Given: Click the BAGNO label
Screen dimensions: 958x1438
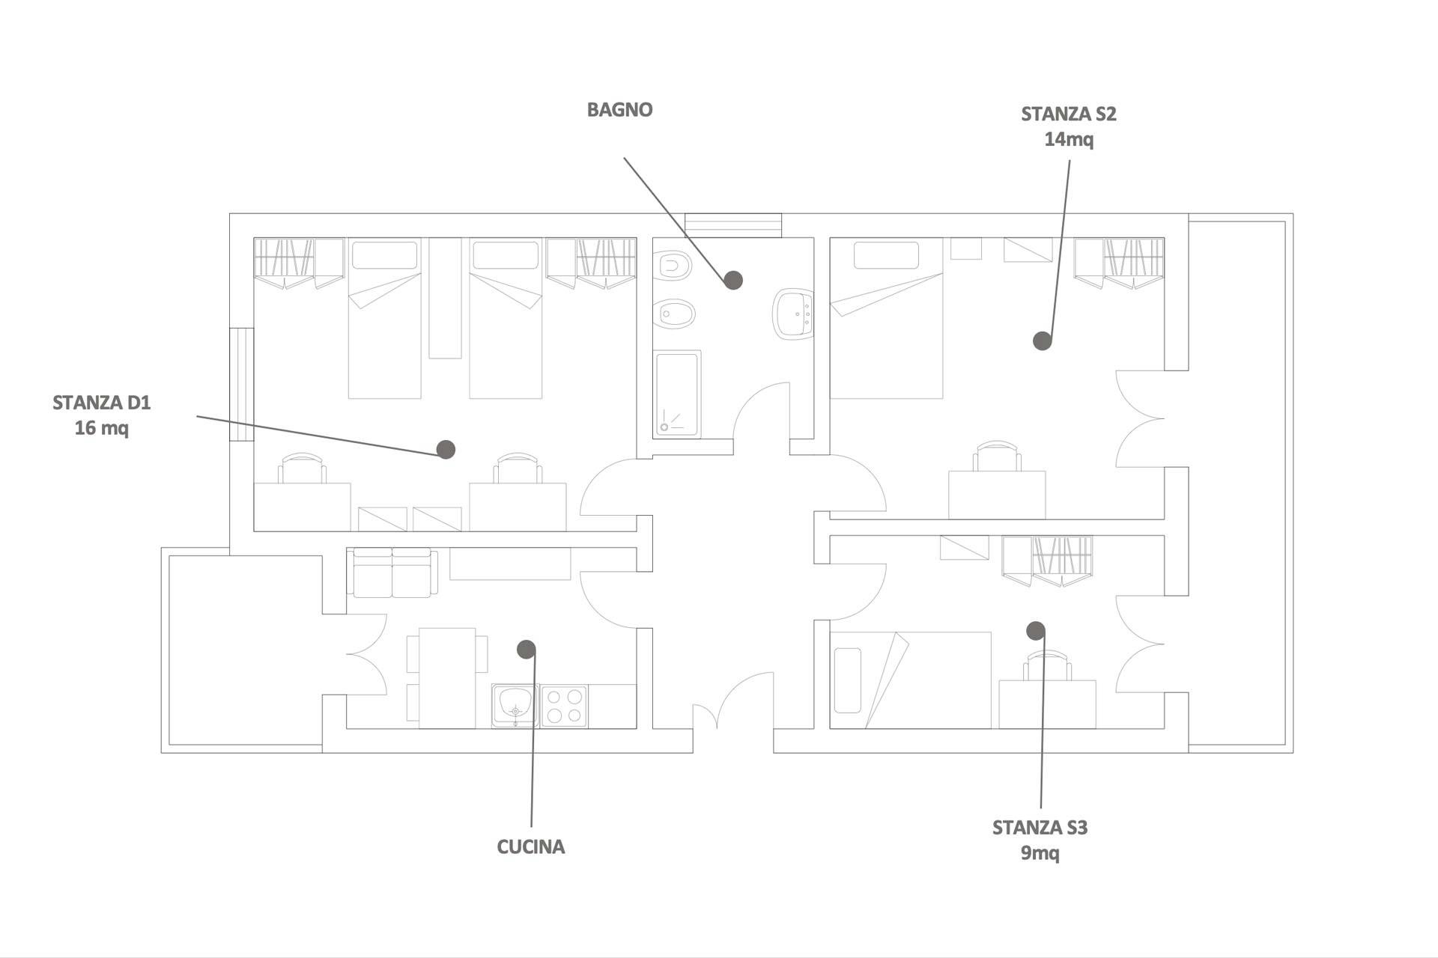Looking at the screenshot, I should tap(619, 110).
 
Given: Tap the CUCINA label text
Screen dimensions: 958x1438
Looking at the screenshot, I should tap(530, 847).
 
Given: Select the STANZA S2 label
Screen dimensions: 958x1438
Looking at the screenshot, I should tap(1068, 115).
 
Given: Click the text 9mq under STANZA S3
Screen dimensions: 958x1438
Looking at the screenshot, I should tap(1040, 853).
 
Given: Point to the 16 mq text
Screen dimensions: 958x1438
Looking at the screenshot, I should tap(101, 429).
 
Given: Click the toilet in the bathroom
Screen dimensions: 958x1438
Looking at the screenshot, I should tap(671, 265).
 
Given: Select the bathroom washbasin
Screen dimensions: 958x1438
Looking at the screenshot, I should tap(792, 314).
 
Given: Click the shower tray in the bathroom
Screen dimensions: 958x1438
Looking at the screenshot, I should tap(678, 394).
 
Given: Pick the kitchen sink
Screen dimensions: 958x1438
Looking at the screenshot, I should tap(515, 705).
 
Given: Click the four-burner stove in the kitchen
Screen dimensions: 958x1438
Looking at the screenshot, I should tap(564, 706).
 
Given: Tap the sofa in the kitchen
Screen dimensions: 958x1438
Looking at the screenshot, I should tap(392, 573).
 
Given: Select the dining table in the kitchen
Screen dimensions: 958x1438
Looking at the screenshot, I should tap(447, 677).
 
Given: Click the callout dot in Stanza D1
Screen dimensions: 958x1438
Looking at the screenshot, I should tap(446, 449).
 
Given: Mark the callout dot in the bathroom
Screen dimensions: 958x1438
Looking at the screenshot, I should tap(733, 280).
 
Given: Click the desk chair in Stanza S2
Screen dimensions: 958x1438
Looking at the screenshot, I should tap(998, 456).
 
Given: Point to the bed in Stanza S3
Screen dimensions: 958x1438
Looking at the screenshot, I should tap(910, 680).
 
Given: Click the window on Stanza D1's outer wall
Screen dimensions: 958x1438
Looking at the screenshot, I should tap(241, 385).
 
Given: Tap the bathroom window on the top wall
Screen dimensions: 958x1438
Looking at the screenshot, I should tap(733, 225).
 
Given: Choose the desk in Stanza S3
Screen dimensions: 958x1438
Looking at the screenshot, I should tap(1047, 704).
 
